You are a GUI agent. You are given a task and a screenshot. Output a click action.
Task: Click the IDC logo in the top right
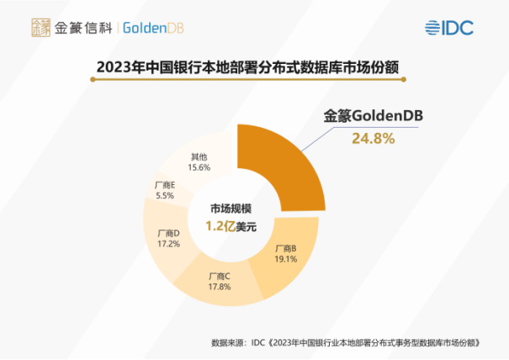(449, 27)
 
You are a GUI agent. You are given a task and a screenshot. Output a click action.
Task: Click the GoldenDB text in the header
(153, 28)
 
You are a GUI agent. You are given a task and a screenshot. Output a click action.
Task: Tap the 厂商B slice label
(287, 249)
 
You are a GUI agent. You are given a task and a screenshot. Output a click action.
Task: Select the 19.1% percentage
(287, 260)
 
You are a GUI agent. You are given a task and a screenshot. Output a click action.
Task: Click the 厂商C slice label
(220, 276)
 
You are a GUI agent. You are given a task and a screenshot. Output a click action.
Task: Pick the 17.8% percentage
(220, 287)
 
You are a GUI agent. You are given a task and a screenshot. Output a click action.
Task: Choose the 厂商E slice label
(165, 183)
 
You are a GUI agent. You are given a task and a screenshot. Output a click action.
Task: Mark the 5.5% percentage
(165, 194)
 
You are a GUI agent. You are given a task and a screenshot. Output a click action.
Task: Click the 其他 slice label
(199, 156)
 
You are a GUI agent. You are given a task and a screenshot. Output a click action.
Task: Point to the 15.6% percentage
(199, 167)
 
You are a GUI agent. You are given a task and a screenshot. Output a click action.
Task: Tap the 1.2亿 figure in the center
(220, 226)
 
